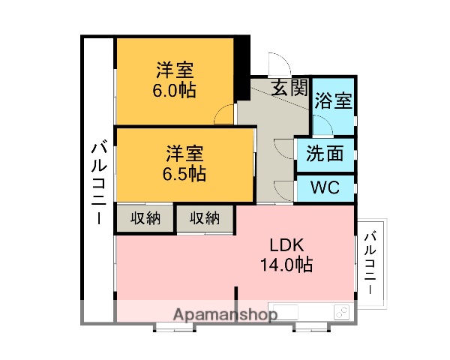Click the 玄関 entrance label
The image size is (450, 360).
click(x=289, y=88)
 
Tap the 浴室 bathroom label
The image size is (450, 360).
click(x=333, y=100)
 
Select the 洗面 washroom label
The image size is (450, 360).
click(x=325, y=153)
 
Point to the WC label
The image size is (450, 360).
click(x=325, y=186)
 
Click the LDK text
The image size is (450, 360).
click(x=285, y=244)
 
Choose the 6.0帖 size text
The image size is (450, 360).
click(x=175, y=91)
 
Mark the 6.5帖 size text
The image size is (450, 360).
click(x=184, y=174)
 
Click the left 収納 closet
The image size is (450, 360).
click(x=145, y=218)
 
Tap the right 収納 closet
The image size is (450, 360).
click(x=204, y=218)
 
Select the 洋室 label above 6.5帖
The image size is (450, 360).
click(x=184, y=154)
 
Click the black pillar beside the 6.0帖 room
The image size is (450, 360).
click(x=242, y=69)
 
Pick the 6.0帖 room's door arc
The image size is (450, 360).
click(x=224, y=115)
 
